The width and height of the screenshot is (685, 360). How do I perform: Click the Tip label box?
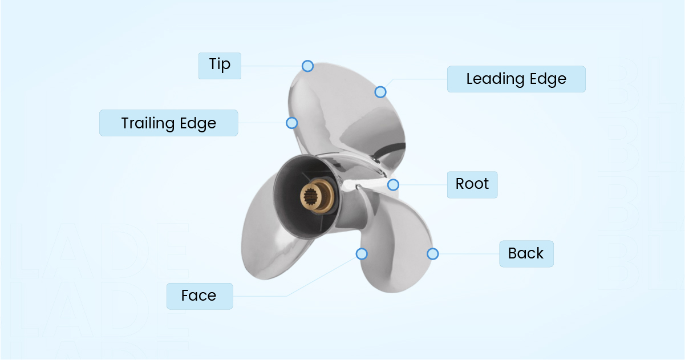220,66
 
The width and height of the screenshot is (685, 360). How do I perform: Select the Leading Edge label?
516,79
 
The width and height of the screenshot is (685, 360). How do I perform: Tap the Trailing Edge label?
168,123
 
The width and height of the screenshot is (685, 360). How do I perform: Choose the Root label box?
472,185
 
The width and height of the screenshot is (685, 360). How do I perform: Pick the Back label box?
526,254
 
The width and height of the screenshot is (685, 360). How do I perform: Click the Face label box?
200,296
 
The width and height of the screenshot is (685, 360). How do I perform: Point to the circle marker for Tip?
307,66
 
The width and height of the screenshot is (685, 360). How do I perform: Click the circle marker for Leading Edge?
380,92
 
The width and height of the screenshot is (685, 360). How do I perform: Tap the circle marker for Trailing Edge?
291,123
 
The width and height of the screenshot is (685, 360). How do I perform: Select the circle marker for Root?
393,185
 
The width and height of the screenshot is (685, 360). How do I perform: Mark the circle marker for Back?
433,254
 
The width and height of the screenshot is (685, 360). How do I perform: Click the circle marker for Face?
362,254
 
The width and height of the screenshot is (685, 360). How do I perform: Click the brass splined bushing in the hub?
317,196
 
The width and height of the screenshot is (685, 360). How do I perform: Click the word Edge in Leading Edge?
548,79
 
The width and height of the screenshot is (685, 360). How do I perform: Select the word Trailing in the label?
148,123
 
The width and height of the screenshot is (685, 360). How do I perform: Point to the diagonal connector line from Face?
322,277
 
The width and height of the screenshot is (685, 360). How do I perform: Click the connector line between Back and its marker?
469,254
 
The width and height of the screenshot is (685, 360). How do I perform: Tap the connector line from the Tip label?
271,66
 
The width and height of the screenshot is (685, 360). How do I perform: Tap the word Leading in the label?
496,79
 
